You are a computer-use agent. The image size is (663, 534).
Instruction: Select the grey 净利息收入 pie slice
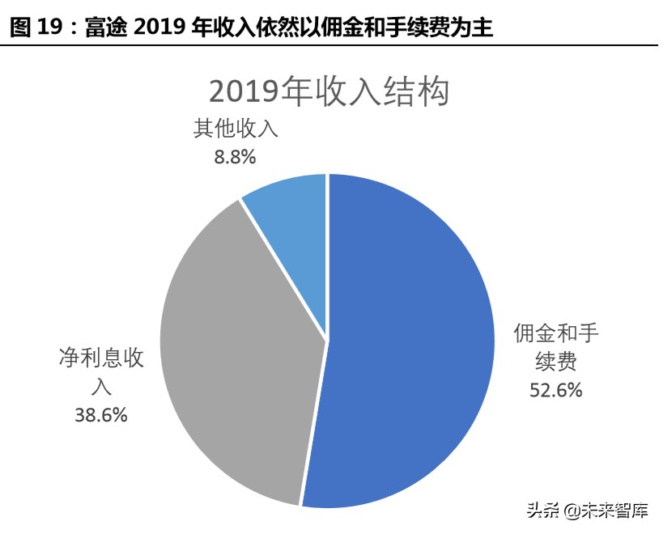tap(235, 348)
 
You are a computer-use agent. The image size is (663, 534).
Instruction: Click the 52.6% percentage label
tap(555, 390)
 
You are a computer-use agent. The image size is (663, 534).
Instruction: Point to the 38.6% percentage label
tap(100, 415)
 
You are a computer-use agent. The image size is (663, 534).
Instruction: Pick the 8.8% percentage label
tap(235, 158)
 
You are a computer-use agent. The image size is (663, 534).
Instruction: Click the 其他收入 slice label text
tap(235, 129)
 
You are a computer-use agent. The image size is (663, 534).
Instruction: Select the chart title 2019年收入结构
tap(329, 91)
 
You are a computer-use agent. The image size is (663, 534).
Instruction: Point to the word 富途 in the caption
tap(100, 29)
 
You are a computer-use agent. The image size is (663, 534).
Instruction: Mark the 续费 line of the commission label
tap(555, 362)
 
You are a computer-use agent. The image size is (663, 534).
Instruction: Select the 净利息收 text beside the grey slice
tap(100, 358)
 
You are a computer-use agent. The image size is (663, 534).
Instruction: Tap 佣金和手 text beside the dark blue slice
tap(555, 333)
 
